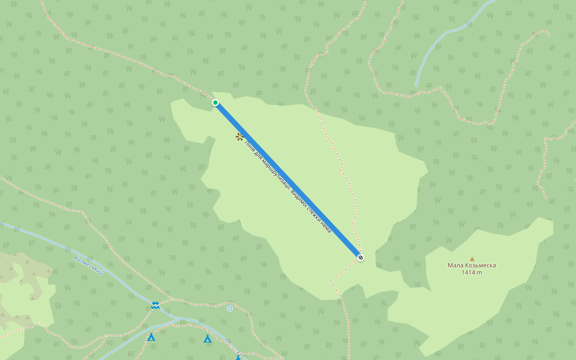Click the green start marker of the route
[215, 103]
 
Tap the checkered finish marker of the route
[361, 257]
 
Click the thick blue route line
[288, 180]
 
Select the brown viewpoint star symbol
[239, 137]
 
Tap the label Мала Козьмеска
[472, 265]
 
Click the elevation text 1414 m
[472, 272]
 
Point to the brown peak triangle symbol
[472, 259]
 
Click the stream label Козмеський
[89, 266]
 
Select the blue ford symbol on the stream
[155, 305]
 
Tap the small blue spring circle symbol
[230, 308]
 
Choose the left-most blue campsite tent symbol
[151, 337]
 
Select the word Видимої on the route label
[298, 199]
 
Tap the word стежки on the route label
[313, 214]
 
